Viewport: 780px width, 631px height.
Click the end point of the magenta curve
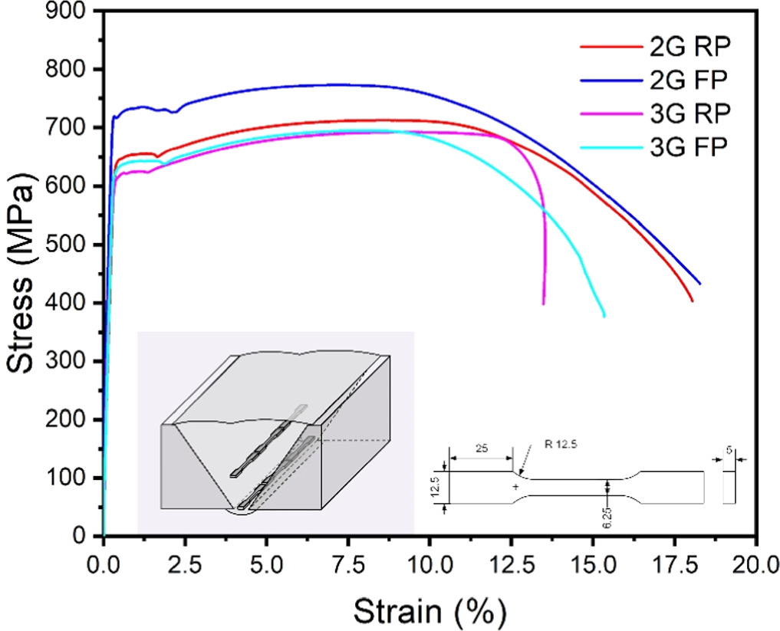pyautogui.click(x=544, y=304)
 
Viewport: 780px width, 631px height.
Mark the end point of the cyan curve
pyautogui.click(x=604, y=315)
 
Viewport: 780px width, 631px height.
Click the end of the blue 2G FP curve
pyautogui.click(x=699, y=284)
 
